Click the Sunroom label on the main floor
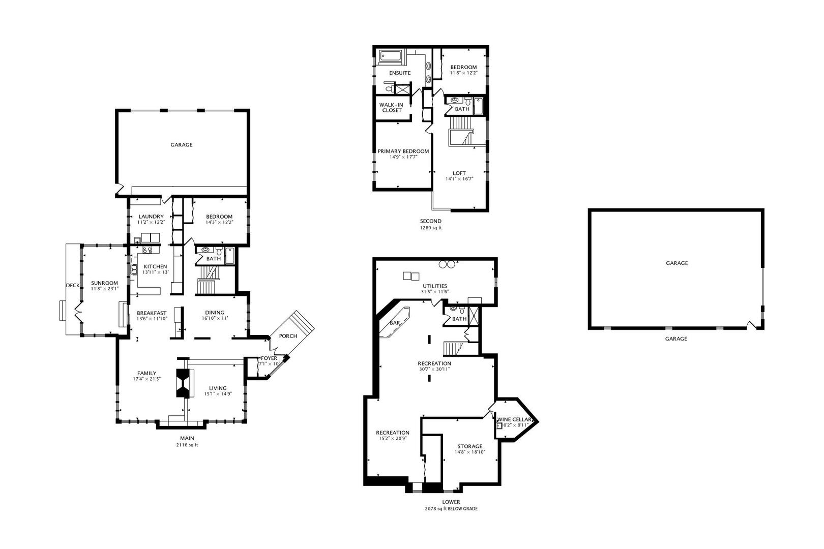tap(104, 283)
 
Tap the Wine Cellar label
tap(514, 419)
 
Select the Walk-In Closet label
tap(392, 107)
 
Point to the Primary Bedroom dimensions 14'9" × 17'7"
tap(403, 157)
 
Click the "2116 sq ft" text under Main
tap(187, 445)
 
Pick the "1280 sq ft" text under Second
tap(431, 228)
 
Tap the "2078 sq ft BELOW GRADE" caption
tap(451, 509)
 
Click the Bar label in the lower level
tap(395, 323)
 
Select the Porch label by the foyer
tap(288, 335)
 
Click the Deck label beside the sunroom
tap(72, 285)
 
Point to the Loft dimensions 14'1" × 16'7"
tap(459, 179)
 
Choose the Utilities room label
tap(435, 286)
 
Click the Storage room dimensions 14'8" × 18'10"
tap(470, 452)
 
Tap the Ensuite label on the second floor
tap(400, 73)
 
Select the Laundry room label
tap(151, 217)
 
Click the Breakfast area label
tap(152, 313)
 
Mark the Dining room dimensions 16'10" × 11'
tap(215, 318)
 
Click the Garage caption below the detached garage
tap(676, 339)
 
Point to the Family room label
tap(147, 373)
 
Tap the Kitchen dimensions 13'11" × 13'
tap(155, 272)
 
